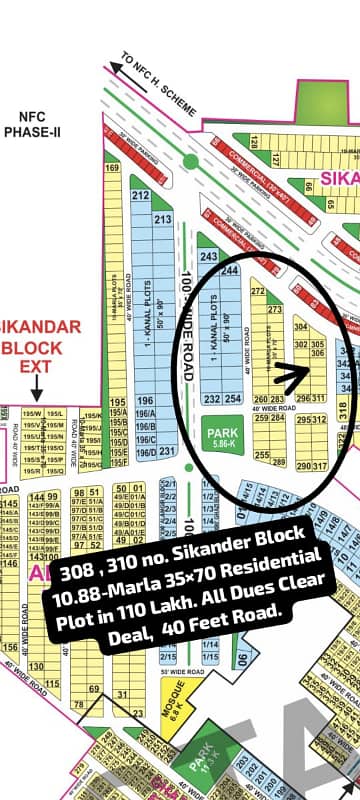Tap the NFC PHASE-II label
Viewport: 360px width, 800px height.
32,125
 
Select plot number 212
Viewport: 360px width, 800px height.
141,195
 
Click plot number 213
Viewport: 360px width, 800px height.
162,218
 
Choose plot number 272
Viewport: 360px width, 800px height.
257,291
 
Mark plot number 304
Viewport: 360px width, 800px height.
300,326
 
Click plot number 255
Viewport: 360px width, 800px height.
262,455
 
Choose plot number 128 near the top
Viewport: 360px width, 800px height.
241,137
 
